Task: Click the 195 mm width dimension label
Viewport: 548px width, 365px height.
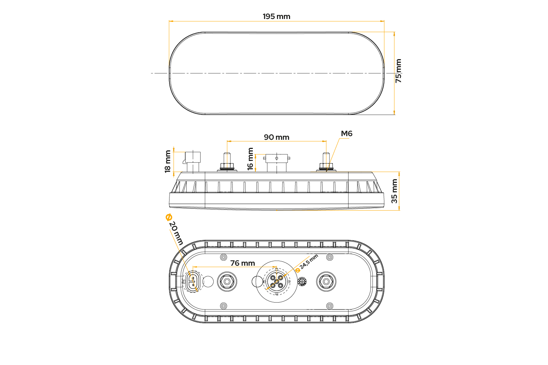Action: click(x=277, y=17)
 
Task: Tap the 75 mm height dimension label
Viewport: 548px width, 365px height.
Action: click(x=399, y=71)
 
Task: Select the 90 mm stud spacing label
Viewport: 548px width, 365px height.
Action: click(x=277, y=137)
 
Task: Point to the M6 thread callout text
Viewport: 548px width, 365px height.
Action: click(x=347, y=134)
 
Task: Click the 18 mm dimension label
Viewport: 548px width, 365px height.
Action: click(x=168, y=162)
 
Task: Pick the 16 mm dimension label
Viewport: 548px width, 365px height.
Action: click(x=250, y=159)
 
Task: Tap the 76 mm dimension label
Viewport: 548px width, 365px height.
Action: click(x=243, y=263)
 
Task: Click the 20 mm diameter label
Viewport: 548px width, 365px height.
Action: click(x=174, y=230)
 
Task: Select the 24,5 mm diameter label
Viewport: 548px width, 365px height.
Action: click(x=307, y=263)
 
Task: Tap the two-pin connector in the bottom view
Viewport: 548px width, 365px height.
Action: click(x=193, y=282)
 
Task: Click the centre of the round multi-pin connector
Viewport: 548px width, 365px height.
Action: click(x=277, y=282)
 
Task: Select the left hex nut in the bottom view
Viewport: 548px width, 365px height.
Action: click(x=227, y=282)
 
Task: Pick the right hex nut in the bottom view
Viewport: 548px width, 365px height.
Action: click(x=326, y=282)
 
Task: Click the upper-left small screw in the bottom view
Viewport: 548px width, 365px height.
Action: click(x=223, y=257)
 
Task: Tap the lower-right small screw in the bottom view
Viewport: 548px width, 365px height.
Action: click(x=330, y=306)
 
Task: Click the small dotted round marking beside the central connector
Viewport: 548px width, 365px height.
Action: click(x=302, y=282)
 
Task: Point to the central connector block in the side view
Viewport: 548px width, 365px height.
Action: click(x=277, y=163)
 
